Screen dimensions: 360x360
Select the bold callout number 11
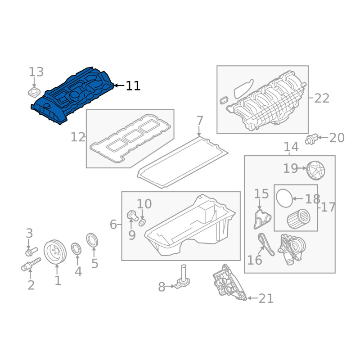click(133, 86)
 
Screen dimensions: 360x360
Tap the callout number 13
click(36, 72)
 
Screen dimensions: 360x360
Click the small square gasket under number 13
click(34, 92)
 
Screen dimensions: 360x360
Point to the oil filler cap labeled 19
click(316, 171)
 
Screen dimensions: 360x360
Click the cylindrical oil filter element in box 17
click(298, 219)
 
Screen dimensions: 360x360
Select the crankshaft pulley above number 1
click(55, 252)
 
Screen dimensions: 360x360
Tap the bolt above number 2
click(31, 264)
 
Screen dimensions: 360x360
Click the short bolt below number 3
click(31, 252)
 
